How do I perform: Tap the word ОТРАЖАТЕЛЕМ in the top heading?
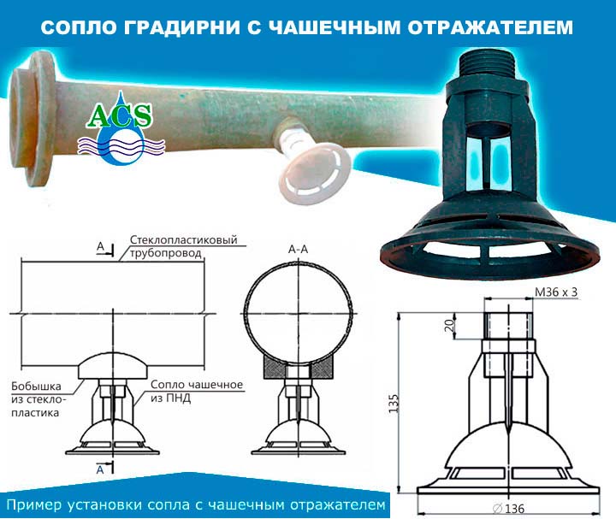click(x=490, y=28)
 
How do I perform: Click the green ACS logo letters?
click(x=120, y=116)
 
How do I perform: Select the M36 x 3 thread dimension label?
click(x=556, y=292)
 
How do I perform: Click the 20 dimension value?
click(x=449, y=325)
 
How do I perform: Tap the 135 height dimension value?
click(x=394, y=404)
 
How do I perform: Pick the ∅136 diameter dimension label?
click(x=508, y=509)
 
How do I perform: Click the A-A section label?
click(x=299, y=249)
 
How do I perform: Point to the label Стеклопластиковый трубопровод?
click(x=183, y=246)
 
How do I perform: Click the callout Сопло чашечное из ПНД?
click(x=197, y=391)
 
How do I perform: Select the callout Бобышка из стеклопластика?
click(x=38, y=399)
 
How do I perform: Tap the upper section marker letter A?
click(x=101, y=246)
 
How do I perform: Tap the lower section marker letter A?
click(x=101, y=469)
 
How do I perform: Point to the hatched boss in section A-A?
click(x=299, y=366)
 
